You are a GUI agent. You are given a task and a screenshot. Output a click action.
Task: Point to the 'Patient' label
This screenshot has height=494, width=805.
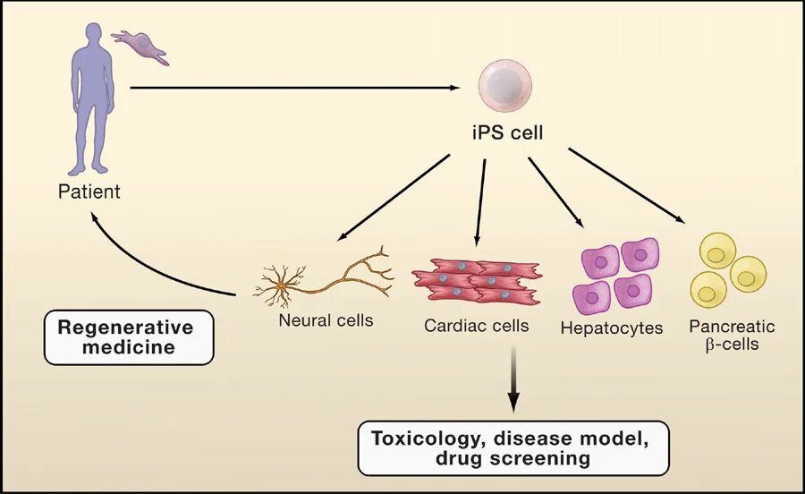(x=89, y=192)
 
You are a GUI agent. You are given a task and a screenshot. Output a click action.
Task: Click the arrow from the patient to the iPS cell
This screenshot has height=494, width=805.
(x=295, y=88)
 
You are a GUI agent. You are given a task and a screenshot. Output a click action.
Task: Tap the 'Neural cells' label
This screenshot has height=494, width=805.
(x=326, y=319)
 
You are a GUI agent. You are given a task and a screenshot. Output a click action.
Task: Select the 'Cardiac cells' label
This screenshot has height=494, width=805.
(x=476, y=325)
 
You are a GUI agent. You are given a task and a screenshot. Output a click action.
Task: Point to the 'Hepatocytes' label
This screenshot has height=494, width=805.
(x=612, y=328)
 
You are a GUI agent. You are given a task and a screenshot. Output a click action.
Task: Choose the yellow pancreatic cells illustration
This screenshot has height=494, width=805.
(x=727, y=269)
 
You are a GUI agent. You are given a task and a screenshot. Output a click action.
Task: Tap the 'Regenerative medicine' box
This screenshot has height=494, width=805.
(x=129, y=336)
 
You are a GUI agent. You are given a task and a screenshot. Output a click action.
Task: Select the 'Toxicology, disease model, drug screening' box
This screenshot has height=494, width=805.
(x=513, y=447)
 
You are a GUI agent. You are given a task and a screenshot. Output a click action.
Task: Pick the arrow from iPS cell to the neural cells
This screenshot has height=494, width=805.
(x=394, y=197)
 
